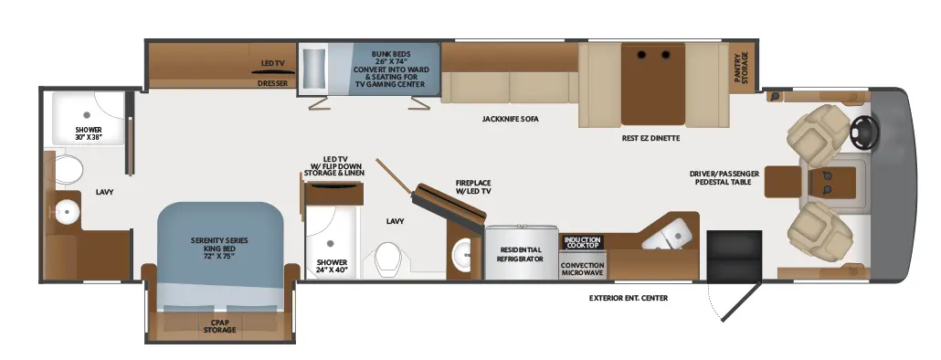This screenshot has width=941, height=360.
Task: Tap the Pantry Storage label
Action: tap(741, 68)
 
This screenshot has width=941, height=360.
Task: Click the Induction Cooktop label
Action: tap(582, 242)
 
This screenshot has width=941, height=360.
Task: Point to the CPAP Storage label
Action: tap(219, 326)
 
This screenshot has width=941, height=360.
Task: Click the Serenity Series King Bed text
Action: tap(219, 248)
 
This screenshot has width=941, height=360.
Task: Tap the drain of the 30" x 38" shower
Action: tap(87, 114)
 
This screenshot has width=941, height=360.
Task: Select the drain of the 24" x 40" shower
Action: tap(330, 243)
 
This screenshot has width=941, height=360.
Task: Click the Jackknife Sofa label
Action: tap(510, 119)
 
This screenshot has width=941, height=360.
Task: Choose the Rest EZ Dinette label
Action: tap(651, 138)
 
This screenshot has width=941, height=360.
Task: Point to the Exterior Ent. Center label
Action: tap(629, 298)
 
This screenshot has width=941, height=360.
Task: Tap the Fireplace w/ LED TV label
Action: tap(473, 186)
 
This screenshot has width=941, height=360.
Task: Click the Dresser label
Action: tap(272, 83)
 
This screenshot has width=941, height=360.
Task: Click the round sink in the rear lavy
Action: tap(66, 210)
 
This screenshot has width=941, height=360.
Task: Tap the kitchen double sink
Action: tap(668, 234)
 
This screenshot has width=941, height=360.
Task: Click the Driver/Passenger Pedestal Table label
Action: tap(724, 177)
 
